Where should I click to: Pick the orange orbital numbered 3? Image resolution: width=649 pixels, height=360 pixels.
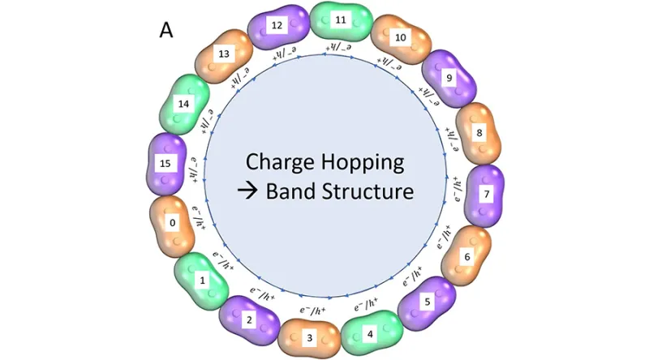coord(307,336)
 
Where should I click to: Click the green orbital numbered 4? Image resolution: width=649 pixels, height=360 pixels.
coord(371,332)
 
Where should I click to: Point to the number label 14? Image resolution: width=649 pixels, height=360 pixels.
coord(183,105)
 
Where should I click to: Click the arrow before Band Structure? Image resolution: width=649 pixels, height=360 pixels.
coord(248,193)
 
